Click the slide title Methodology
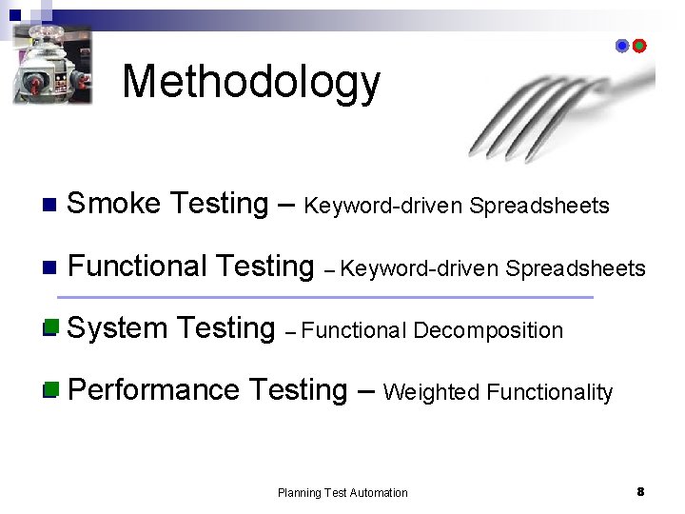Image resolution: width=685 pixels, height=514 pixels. pyautogui.click(x=251, y=83)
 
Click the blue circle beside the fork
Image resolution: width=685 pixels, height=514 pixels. pyautogui.click(x=622, y=46)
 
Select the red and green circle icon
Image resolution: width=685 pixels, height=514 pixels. pyautogui.click(x=639, y=46)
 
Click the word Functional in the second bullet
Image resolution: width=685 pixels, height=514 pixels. pyautogui.click(x=138, y=267)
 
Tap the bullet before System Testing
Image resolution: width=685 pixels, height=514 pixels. pyautogui.click(x=50, y=328)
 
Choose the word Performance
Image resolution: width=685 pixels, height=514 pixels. pyautogui.click(x=154, y=390)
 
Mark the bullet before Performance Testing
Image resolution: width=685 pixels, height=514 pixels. pyautogui.click(x=50, y=389)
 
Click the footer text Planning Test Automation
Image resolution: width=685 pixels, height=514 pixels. pyautogui.click(x=342, y=493)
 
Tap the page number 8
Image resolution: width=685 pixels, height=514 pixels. pyautogui.click(x=640, y=491)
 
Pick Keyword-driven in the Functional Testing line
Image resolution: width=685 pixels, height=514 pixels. pyautogui.click(x=420, y=269)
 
